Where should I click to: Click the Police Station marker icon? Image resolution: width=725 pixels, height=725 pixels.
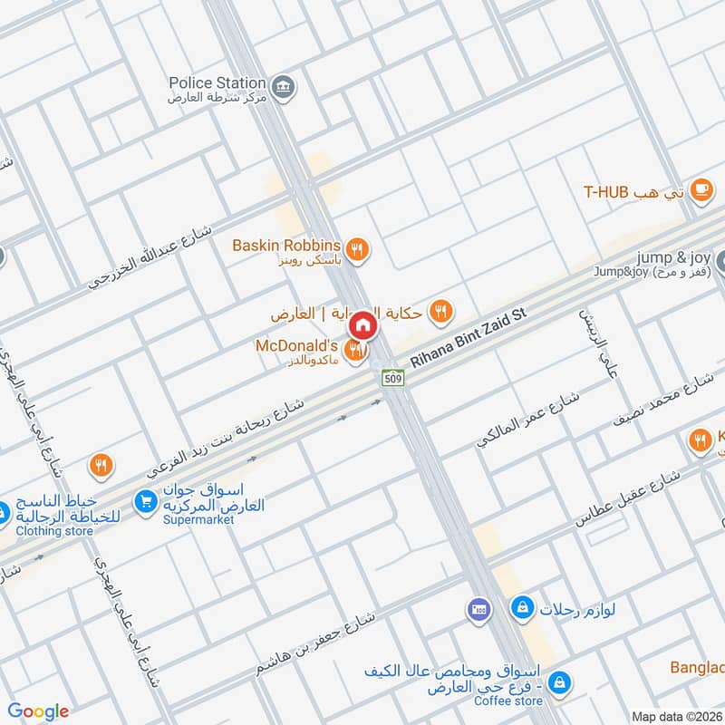[x=284, y=86]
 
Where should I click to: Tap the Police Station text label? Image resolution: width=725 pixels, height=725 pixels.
[x=217, y=82]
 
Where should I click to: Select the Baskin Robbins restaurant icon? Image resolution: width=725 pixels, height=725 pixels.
[x=359, y=246]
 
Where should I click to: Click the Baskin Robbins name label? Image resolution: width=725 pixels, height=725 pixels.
[x=285, y=246]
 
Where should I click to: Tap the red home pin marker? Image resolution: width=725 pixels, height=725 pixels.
[x=362, y=324]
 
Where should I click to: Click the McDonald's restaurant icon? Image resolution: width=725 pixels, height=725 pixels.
[x=359, y=349]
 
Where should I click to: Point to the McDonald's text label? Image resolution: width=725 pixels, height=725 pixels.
[x=296, y=346]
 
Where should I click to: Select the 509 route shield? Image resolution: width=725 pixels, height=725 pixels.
[x=392, y=377]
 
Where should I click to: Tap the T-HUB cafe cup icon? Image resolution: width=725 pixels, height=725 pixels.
[x=701, y=189]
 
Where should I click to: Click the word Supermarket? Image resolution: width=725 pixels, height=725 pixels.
[x=196, y=522]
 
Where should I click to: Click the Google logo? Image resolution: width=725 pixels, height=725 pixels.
[x=39, y=711]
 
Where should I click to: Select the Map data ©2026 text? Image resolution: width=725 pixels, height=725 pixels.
[x=676, y=716]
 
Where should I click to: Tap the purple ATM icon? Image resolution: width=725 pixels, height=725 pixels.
[x=478, y=610]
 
